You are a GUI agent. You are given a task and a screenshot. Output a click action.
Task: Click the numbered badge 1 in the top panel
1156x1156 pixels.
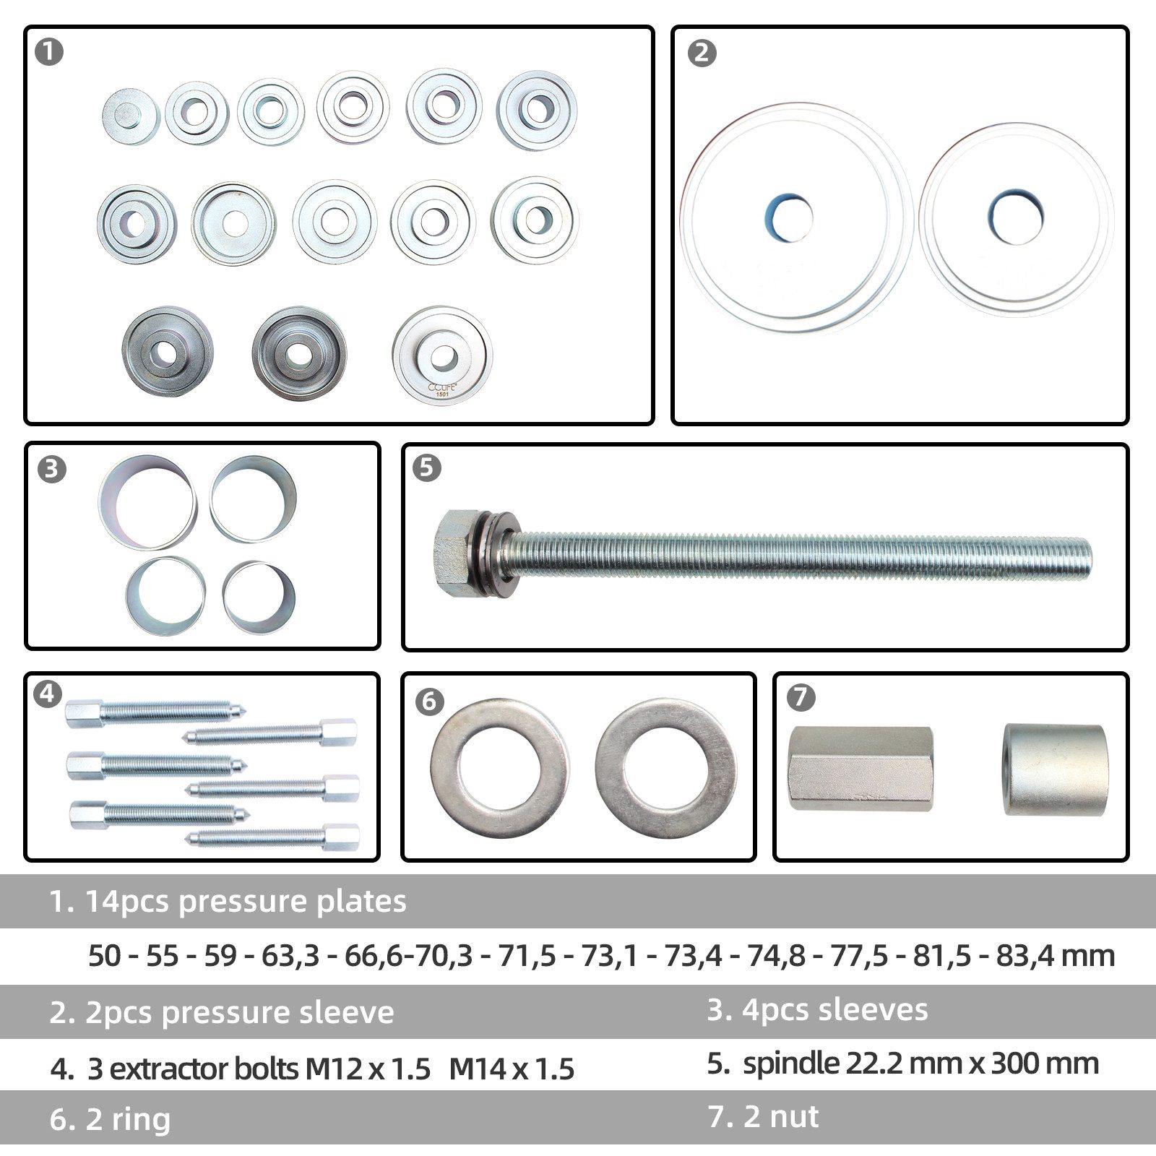click(49, 52)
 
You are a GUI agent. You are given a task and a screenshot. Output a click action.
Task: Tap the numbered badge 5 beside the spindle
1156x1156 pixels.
click(426, 467)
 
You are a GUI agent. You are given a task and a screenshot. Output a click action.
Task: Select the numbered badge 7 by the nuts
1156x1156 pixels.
click(801, 697)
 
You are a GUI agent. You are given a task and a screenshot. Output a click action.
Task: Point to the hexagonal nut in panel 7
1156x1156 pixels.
click(860, 768)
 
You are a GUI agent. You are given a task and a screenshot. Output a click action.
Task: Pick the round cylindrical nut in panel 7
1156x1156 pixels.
click(1054, 770)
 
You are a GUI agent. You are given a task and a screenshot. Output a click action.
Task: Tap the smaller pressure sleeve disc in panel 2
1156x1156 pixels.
click(1016, 219)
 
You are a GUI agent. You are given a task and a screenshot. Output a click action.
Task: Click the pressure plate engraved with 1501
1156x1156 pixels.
click(442, 355)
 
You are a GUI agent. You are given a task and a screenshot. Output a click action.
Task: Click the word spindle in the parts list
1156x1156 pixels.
click(787, 1064)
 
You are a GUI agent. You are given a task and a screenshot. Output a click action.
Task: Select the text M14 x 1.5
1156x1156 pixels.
click(512, 1069)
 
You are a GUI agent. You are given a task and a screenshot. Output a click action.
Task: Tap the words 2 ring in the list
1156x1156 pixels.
click(128, 1119)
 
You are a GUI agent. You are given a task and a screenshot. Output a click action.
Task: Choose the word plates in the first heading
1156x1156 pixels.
click(364, 902)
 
